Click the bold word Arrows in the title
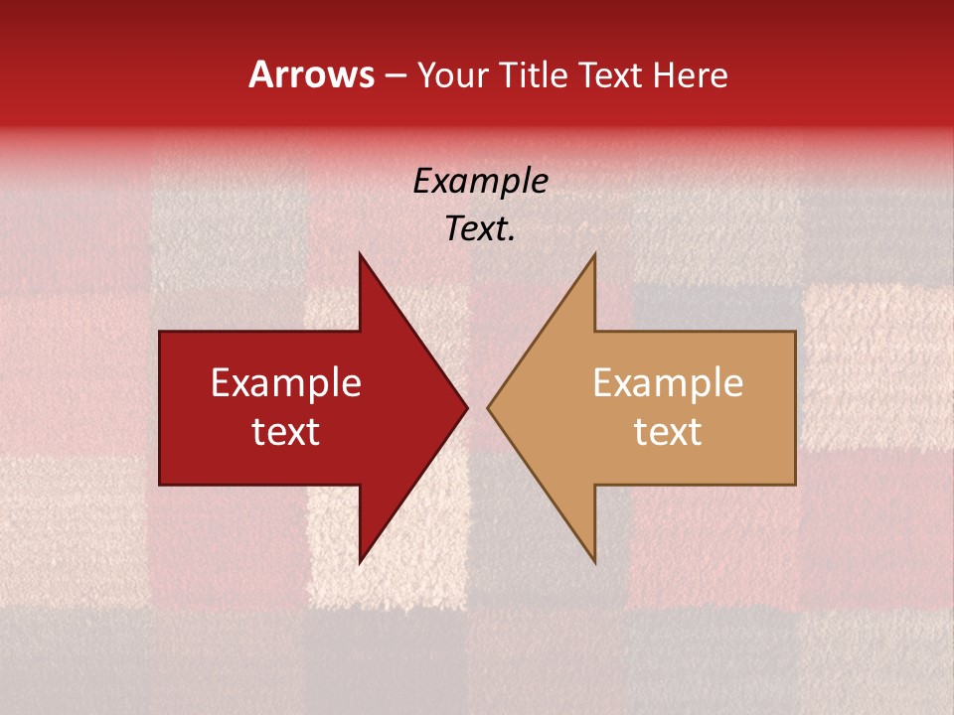pos(312,74)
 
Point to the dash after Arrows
pos(397,76)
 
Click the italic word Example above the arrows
pos(480,182)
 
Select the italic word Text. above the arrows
pos(480,229)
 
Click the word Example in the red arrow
pos(286,383)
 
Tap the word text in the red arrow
pos(286,431)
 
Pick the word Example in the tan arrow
pos(668,383)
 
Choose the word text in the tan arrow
pos(668,431)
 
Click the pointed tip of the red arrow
pos(467,407)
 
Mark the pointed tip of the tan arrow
pos(488,407)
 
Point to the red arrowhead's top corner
pos(360,253)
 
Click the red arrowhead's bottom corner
pos(360,563)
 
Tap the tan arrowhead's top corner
pos(594,253)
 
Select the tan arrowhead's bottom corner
pos(594,563)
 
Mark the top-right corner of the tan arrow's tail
pos(795,332)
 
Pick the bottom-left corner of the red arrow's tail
pos(160,485)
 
